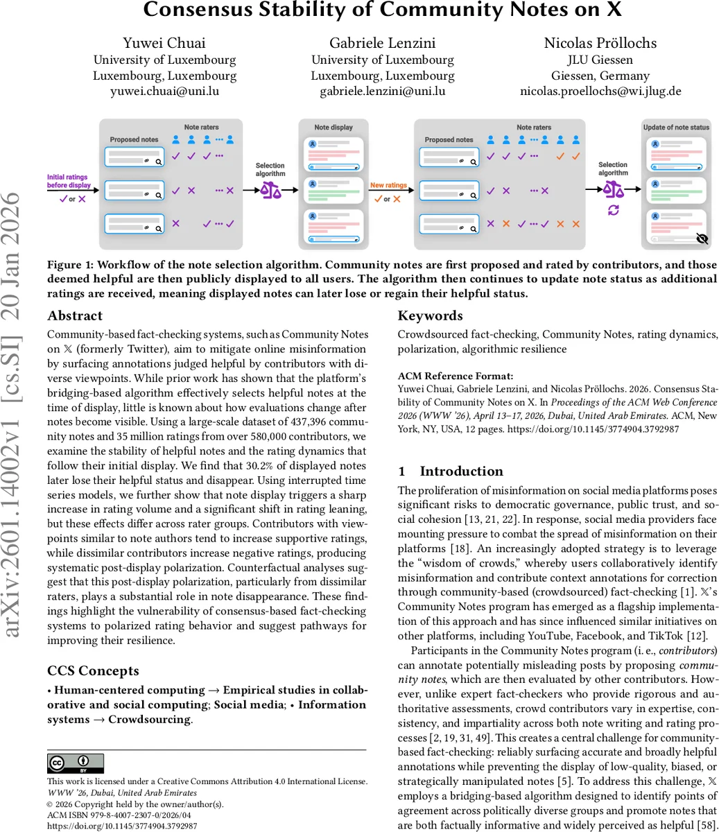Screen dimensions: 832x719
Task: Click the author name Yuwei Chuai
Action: point(164,43)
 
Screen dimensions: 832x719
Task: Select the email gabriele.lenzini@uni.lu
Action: point(382,91)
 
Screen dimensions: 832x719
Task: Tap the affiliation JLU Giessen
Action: point(600,60)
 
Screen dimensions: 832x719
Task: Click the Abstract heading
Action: point(75,315)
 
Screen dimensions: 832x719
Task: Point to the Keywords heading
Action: point(430,315)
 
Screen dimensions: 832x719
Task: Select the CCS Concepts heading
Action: point(93,670)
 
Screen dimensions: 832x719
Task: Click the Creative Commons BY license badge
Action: point(76,763)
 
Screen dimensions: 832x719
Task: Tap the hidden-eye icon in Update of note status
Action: point(702,239)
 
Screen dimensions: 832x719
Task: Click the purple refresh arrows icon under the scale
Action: point(613,210)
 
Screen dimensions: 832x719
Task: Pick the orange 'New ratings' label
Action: point(388,185)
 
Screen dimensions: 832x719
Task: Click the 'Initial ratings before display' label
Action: point(69,181)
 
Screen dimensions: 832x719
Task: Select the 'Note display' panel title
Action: point(333,128)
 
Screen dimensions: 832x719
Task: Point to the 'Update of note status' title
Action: point(676,128)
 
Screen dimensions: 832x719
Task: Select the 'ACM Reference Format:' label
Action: point(456,376)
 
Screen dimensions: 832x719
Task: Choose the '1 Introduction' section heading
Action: point(451,471)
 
